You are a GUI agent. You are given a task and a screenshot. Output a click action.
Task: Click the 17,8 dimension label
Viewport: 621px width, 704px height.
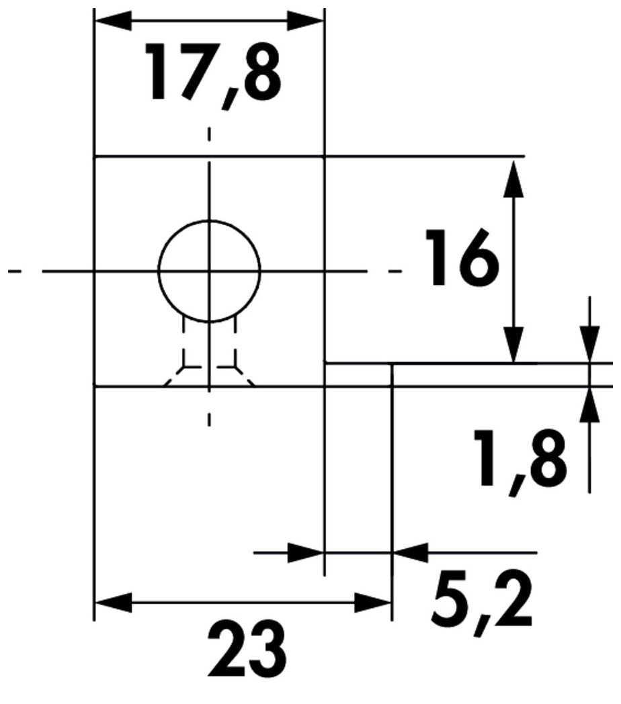coord(214,74)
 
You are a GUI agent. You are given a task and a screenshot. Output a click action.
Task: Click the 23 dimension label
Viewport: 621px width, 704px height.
coord(248,650)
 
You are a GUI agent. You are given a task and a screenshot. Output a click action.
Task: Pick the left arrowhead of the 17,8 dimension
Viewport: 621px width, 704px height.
coord(113,21)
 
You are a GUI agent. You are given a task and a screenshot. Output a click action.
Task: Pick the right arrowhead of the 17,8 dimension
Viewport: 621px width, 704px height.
coord(305,21)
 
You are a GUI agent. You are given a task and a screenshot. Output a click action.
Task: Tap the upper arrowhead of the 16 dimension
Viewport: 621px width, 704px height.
coord(513,178)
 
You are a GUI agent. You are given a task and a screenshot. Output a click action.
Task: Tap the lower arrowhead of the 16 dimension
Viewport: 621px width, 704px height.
coord(513,344)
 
